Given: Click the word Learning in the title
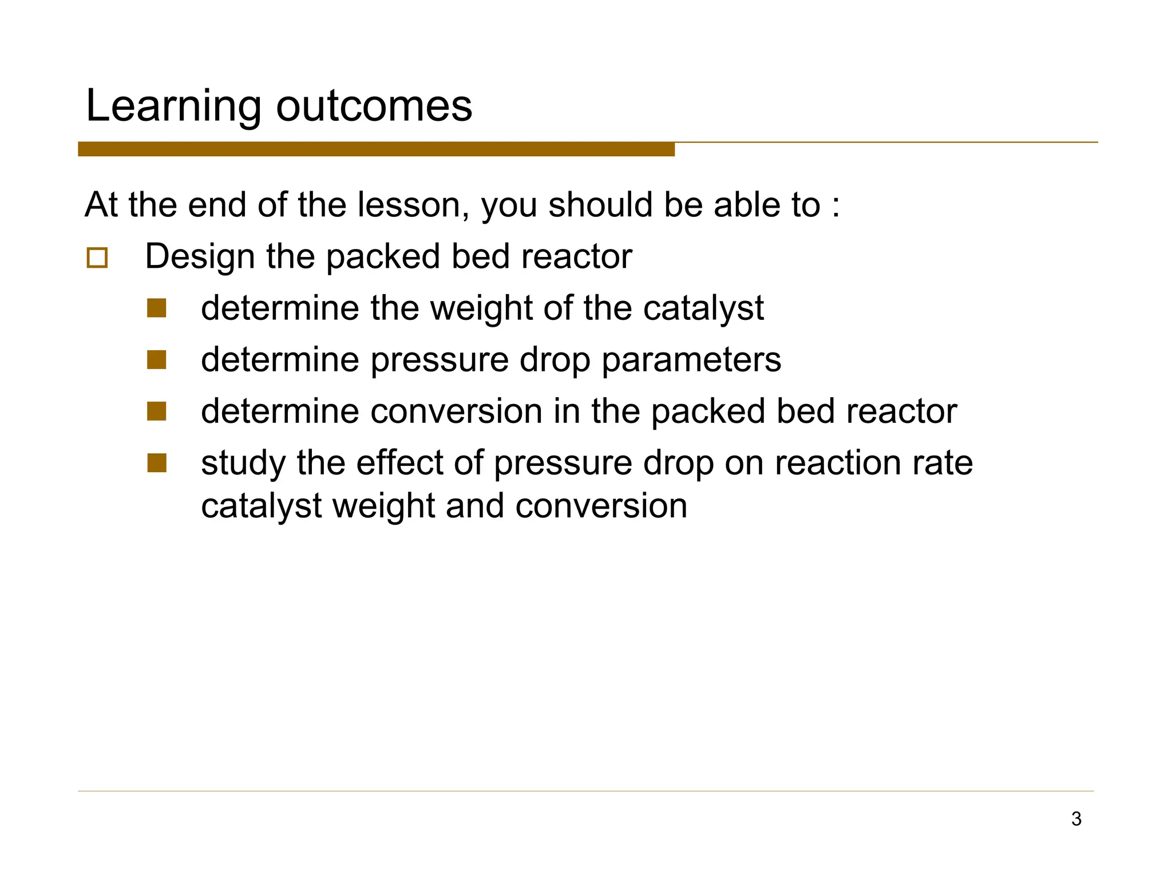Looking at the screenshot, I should pyautogui.click(x=173, y=106).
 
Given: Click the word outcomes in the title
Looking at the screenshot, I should pyautogui.click(x=374, y=106).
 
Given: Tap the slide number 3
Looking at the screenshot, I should pyautogui.click(x=1076, y=819).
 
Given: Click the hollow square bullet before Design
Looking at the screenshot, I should pyautogui.click(x=97, y=258).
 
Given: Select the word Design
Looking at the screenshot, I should pyautogui.click(x=200, y=256).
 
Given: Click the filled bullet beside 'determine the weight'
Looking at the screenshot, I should pyautogui.click(x=156, y=308).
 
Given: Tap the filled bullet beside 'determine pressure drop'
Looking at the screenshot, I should pyautogui.click(x=156, y=360).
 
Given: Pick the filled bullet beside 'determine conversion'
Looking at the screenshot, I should pyautogui.click(x=156, y=411).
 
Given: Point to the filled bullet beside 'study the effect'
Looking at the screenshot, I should pyautogui.click(x=156, y=463).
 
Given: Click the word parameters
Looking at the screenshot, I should pyautogui.click(x=691, y=360).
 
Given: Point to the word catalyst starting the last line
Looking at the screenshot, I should pyautogui.click(x=262, y=506).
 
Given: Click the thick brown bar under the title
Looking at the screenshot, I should pyautogui.click(x=376, y=149).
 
